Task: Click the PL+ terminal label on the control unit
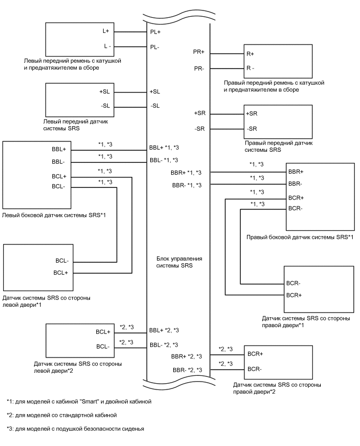(x=155, y=31)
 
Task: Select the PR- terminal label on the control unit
(x=199, y=69)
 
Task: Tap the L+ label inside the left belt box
(x=106, y=31)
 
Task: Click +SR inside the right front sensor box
(x=252, y=114)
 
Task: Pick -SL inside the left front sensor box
(x=104, y=106)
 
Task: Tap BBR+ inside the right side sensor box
(x=296, y=172)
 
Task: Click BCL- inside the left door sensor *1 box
(x=61, y=261)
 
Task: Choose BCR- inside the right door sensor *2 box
(x=255, y=369)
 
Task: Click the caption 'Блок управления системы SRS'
(x=179, y=262)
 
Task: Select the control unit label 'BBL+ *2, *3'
(x=164, y=330)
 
